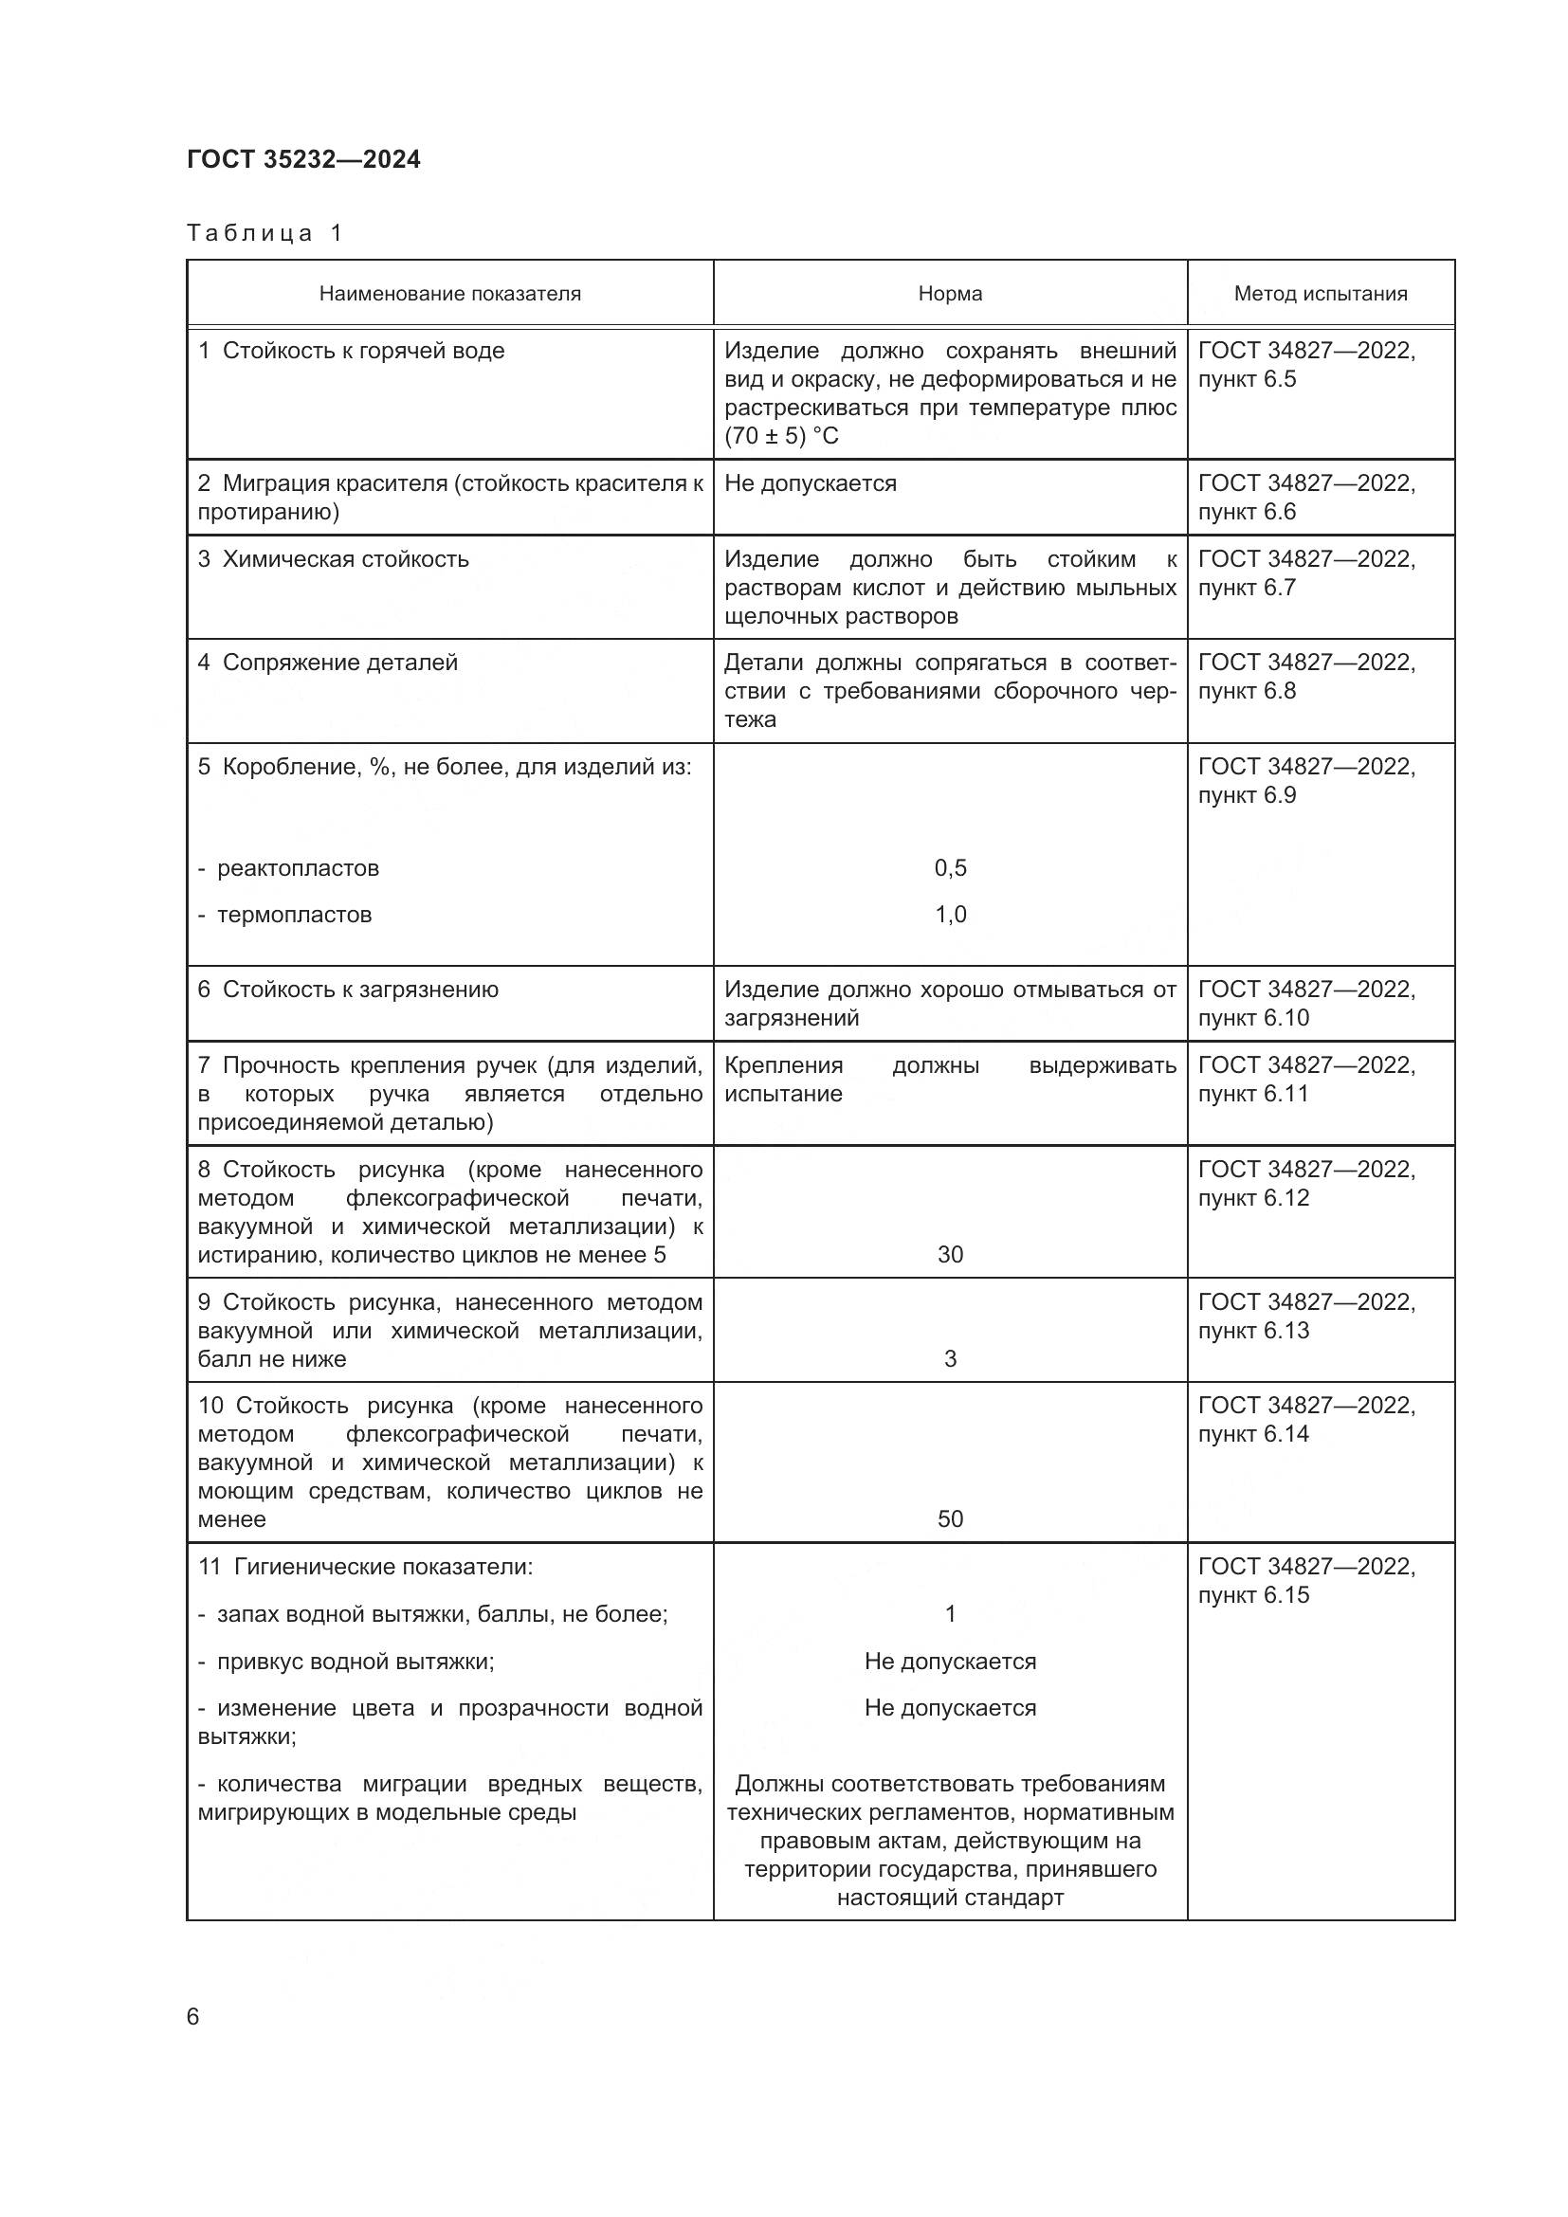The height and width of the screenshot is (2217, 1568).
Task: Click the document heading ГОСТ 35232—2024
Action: [x=303, y=159]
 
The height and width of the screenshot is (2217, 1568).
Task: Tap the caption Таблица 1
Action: [x=264, y=233]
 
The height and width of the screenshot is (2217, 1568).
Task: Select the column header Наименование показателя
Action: [x=450, y=294]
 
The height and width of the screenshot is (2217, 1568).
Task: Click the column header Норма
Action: [x=950, y=294]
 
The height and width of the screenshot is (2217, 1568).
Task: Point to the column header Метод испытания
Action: [x=1320, y=294]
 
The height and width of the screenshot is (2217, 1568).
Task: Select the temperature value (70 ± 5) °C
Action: [x=781, y=435]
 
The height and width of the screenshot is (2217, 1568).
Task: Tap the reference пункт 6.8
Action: [x=1247, y=690]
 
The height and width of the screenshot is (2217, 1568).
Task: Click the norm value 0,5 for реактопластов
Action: [x=950, y=867]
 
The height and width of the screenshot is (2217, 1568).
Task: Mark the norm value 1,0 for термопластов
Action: [x=950, y=914]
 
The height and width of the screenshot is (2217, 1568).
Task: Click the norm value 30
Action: [x=950, y=1254]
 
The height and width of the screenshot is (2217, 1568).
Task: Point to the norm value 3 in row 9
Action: [x=950, y=1358]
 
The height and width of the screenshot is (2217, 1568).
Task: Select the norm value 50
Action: [x=950, y=1518]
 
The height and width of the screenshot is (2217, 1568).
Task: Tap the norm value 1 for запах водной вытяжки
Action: [x=950, y=1613]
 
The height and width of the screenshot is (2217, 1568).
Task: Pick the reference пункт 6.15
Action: [x=1253, y=1595]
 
